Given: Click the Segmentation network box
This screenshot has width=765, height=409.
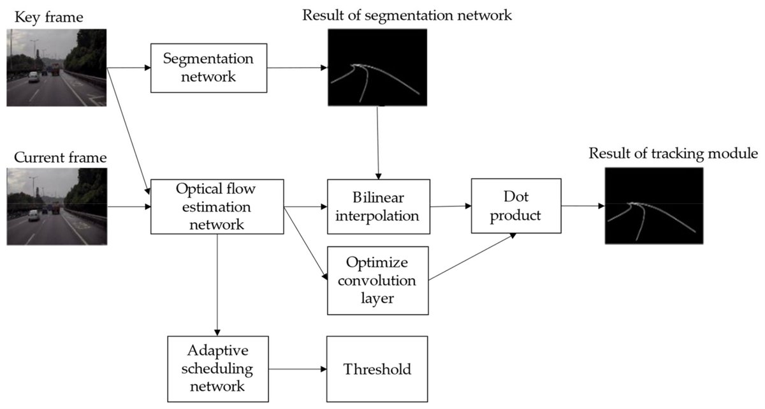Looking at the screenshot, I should point(208,68).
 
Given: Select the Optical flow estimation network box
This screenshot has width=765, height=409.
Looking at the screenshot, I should point(217,206).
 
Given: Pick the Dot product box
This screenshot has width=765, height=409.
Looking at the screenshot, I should point(516,206).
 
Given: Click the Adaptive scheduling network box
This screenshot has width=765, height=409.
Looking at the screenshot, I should point(217,369).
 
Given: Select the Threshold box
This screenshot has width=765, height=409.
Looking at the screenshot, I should point(377,369).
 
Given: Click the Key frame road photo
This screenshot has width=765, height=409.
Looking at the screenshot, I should point(56,68).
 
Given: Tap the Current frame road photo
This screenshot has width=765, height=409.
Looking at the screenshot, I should point(56,206).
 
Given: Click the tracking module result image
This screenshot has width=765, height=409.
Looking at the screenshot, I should point(654,206).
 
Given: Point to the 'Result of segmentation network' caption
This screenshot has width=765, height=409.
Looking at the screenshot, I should point(407,15).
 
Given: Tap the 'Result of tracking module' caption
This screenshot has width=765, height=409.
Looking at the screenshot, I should point(673,153).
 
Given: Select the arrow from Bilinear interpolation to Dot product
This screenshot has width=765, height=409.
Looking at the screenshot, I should point(451,206).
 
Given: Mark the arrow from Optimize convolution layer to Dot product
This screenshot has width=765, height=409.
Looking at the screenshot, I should point(472,257).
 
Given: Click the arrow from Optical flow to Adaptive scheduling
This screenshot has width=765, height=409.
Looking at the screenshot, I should point(217,284).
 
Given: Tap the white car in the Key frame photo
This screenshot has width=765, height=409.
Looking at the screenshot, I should point(33,77).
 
